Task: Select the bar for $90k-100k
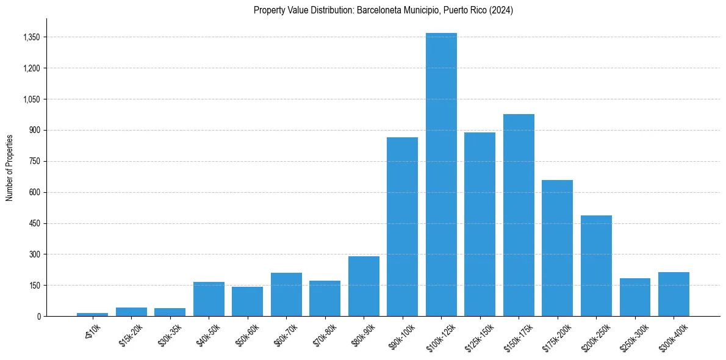tap(402, 226)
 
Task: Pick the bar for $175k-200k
tap(557, 248)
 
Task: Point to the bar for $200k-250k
tap(596, 265)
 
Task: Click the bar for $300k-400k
tap(674, 294)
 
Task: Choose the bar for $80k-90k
tap(364, 286)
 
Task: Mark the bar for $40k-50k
tap(209, 299)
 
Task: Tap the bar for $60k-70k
tap(286, 294)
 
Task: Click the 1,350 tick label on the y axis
tap(31, 37)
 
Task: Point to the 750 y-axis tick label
tap(35, 161)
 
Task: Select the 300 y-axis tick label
tap(35, 254)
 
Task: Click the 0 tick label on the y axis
tap(38, 316)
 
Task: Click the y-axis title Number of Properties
tap(10, 167)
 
